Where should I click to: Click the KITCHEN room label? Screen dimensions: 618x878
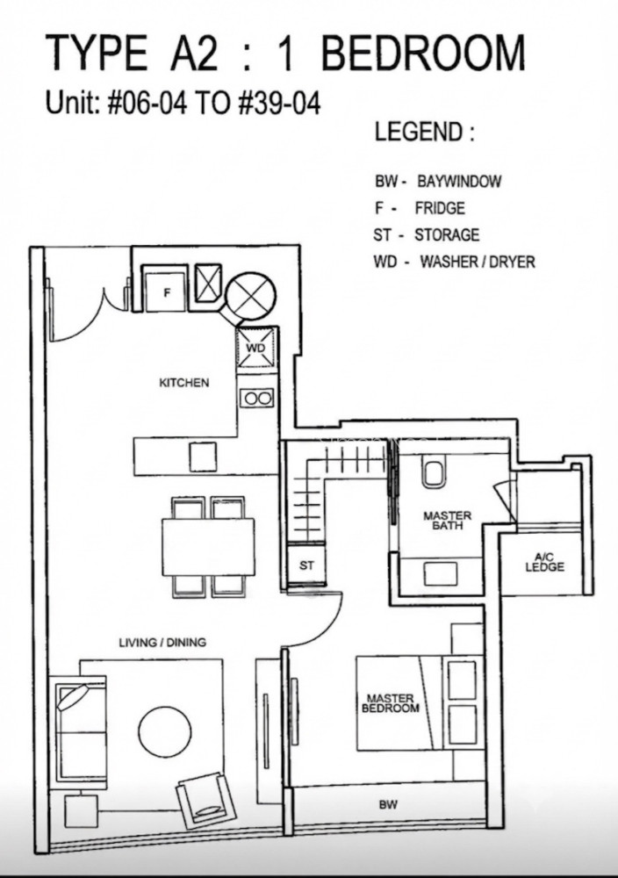pos(184,383)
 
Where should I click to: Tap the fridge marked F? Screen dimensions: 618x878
pos(166,289)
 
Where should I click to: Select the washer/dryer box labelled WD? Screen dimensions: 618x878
pos(255,349)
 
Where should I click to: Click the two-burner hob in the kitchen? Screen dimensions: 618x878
pos(257,398)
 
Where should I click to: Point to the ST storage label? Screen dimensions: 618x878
pos(306,565)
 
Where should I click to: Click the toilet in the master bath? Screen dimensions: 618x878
pos(435,471)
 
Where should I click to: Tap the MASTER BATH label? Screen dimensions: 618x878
pos(448,520)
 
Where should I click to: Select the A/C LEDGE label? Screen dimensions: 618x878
pos(544,562)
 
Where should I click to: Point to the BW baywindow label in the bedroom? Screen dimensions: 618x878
pos(388,804)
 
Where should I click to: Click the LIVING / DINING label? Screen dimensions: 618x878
pos(162,643)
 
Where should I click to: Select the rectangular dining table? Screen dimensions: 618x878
pos(208,546)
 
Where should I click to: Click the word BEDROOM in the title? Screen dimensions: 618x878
pos(422,53)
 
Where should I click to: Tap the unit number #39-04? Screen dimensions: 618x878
pos(279,104)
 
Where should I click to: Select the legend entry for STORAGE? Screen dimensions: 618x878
pos(426,234)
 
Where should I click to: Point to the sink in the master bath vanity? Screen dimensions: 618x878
pos(441,572)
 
